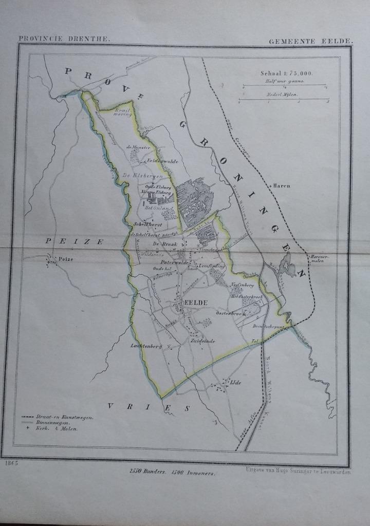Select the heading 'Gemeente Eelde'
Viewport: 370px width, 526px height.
point(310,41)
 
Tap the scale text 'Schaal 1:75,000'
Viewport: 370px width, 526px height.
point(283,73)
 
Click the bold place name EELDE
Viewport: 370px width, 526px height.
point(196,303)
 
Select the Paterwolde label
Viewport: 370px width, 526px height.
point(174,262)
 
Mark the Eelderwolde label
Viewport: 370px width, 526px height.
point(162,161)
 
